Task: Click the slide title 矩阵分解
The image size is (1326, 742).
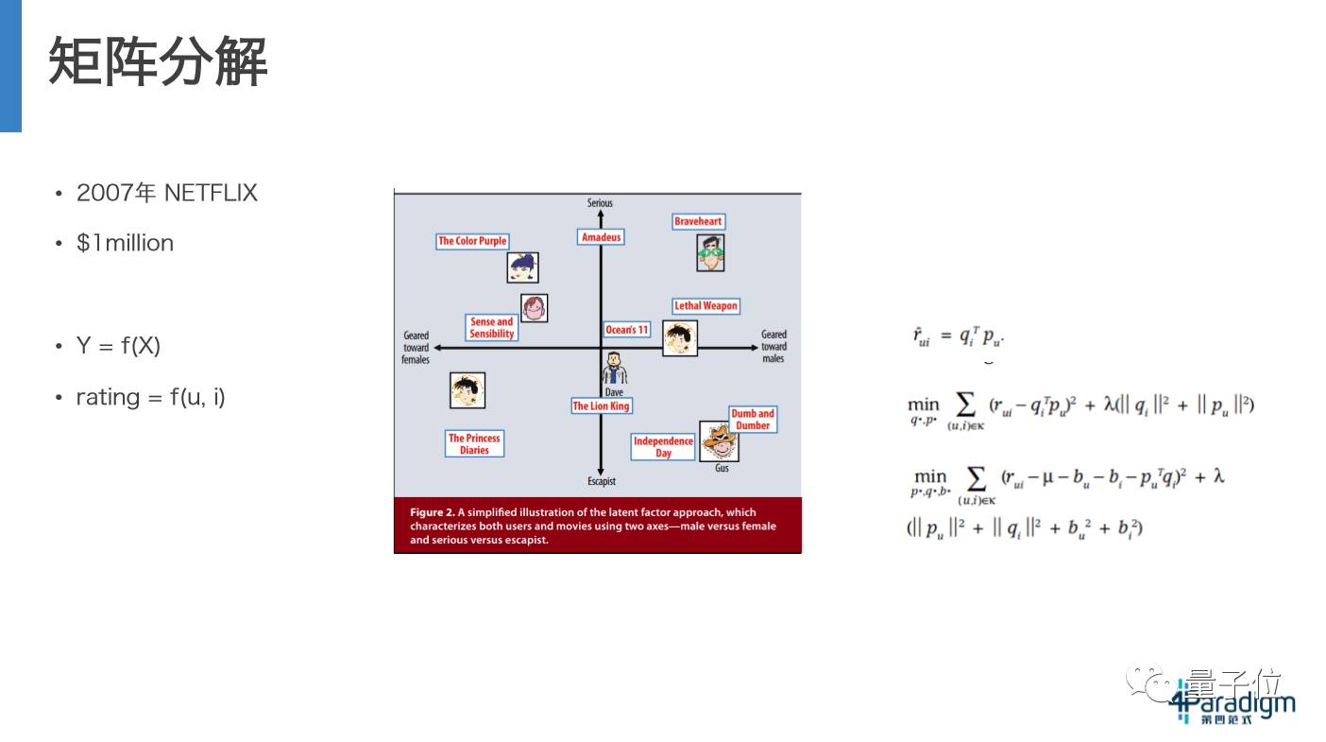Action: pos(158,62)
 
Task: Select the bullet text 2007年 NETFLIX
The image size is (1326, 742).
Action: pos(166,193)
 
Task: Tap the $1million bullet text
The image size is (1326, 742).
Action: pos(125,243)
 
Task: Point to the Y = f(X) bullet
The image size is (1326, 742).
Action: pos(118,346)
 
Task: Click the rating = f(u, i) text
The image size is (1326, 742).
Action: pos(150,397)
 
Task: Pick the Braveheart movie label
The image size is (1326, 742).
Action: pos(698,221)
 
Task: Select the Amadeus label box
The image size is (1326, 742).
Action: pos(601,237)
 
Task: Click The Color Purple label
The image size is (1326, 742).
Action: pos(472,241)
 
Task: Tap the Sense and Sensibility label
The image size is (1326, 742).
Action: pos(492,328)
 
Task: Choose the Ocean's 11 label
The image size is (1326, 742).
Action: pos(627,330)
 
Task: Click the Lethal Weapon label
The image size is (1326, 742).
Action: pos(705,306)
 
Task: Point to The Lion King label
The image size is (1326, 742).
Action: pos(601,406)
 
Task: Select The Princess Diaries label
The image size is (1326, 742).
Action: pos(474,444)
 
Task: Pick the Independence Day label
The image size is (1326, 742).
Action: pos(663,447)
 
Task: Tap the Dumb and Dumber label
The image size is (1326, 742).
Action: pos(753,420)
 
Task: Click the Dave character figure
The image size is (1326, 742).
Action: pos(615,369)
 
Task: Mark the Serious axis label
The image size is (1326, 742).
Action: pos(600,203)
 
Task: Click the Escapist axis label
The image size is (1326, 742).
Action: pos(602,482)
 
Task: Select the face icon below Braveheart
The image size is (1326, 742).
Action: pos(710,252)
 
